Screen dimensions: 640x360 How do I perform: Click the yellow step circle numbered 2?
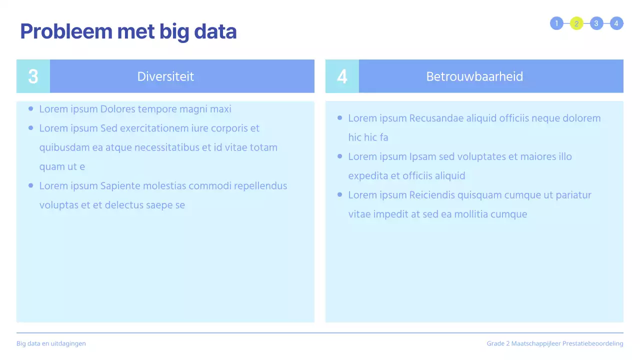pos(576,23)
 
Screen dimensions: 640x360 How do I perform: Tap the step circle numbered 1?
pos(556,23)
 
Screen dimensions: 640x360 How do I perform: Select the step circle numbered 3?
pos(596,23)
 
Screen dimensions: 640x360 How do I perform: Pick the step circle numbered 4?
pos(616,23)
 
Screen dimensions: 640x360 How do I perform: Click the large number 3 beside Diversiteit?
pos(33,76)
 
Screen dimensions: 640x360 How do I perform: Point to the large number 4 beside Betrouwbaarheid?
pos(342,76)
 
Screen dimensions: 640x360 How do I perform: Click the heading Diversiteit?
pos(165,76)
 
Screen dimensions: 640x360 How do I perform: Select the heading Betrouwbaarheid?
pos(474,76)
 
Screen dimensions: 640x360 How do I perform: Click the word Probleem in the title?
pos(66,31)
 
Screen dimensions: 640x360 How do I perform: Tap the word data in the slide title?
pos(215,31)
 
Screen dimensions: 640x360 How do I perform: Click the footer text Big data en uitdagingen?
pos(51,343)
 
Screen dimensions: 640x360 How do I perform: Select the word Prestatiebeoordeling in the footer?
pos(592,343)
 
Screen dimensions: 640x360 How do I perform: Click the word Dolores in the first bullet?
pos(117,109)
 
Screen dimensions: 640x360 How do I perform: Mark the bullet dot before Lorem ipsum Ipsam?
pos(339,156)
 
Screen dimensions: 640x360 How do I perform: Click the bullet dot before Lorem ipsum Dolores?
pos(31,108)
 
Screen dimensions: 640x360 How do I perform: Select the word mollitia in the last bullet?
pos(471,214)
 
